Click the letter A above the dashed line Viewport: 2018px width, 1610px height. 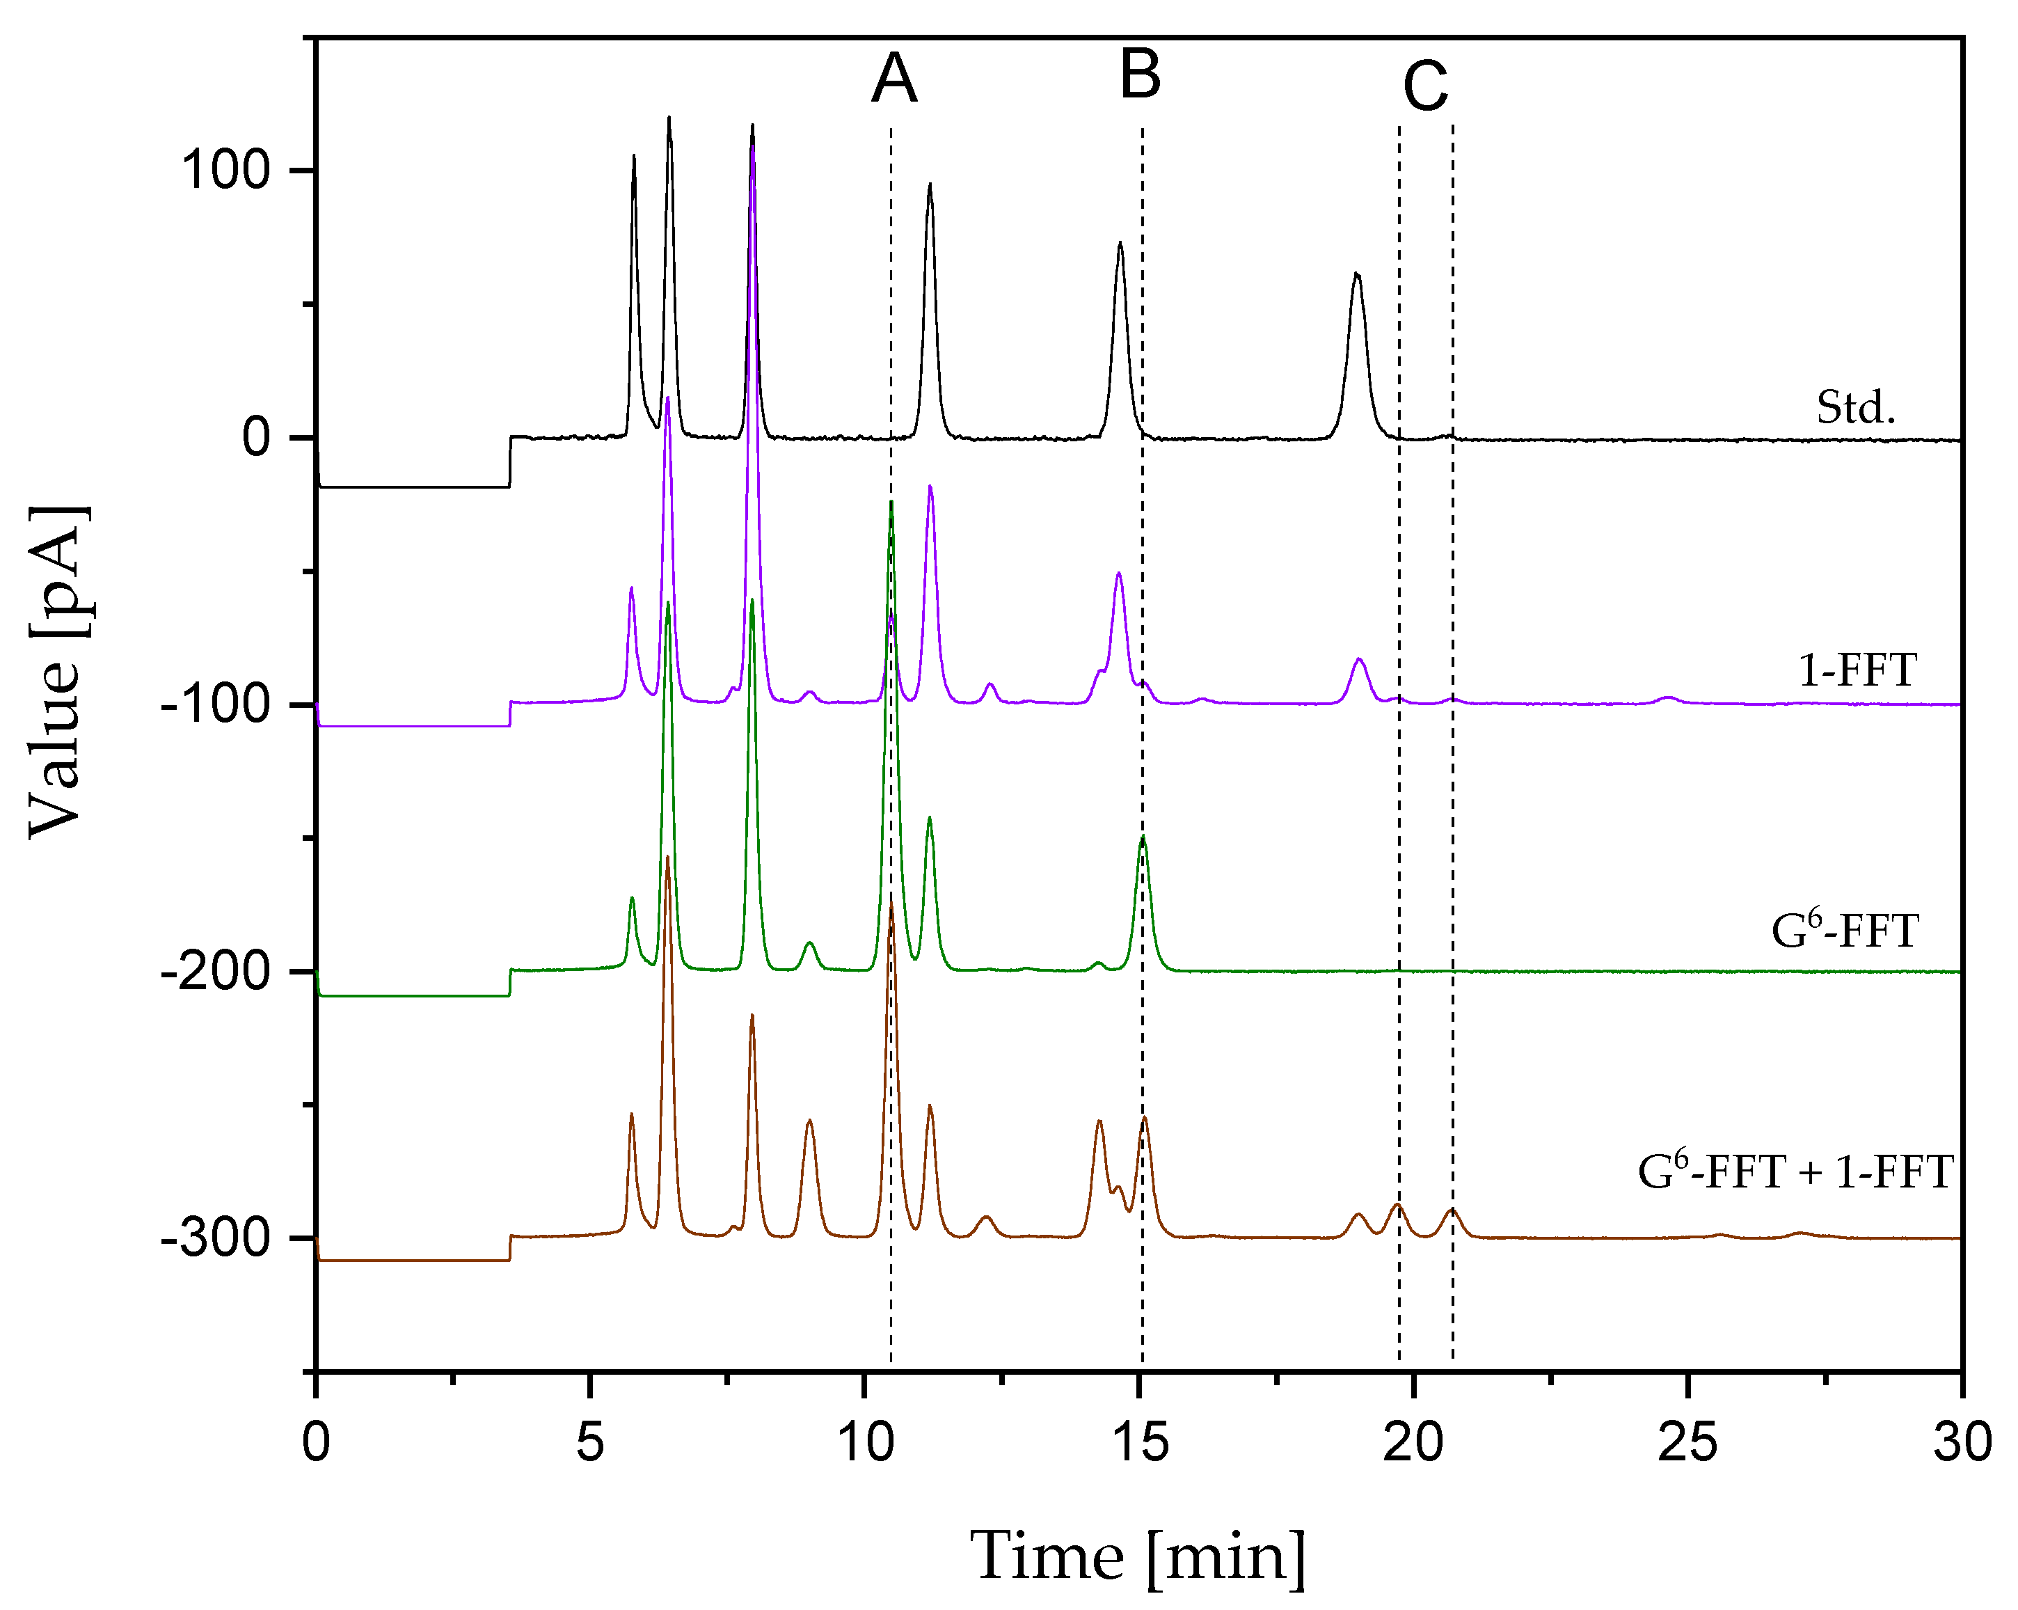tap(894, 79)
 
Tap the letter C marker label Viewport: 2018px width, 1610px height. tap(1424, 87)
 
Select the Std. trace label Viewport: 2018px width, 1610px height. tap(1855, 408)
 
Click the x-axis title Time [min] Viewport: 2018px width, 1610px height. tap(1137, 1556)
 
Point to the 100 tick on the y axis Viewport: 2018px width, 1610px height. tap(225, 171)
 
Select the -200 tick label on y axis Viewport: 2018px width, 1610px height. tap(215, 972)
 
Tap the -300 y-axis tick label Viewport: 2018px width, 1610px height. tap(215, 1239)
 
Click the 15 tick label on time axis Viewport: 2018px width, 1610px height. tap(1140, 1442)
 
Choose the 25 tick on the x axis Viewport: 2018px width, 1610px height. tap(1687, 1442)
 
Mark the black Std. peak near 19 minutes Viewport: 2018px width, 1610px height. tap(1356, 274)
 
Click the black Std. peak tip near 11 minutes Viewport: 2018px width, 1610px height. tap(930, 185)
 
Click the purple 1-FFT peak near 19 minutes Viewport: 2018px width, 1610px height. tap(1359, 660)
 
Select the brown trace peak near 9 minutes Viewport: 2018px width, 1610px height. tap(809, 1121)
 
